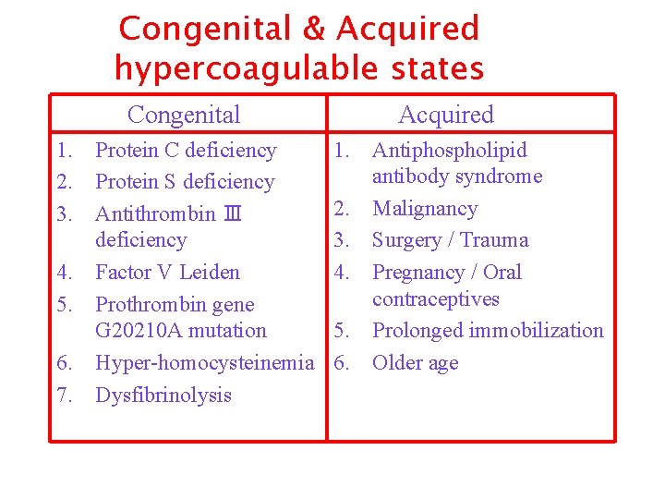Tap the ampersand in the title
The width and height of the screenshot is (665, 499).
[x=315, y=30]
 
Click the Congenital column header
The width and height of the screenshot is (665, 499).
[x=184, y=115]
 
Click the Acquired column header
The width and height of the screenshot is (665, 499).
[x=446, y=115]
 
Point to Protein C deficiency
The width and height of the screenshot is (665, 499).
[x=186, y=151]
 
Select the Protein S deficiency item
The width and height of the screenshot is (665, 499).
[x=185, y=182]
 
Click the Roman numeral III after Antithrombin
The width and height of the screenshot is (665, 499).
[x=232, y=214]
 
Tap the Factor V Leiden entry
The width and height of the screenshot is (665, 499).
[x=167, y=273]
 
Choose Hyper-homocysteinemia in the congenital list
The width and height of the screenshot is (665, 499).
[x=204, y=363]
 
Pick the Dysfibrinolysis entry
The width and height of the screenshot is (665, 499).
[x=163, y=396]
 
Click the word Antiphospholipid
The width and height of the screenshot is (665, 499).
[x=449, y=151]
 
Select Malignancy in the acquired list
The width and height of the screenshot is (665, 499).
[x=424, y=209]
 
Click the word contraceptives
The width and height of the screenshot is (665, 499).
[x=435, y=299]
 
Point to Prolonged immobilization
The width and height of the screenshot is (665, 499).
[x=487, y=331]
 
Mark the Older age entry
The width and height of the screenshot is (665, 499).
[x=415, y=363]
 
